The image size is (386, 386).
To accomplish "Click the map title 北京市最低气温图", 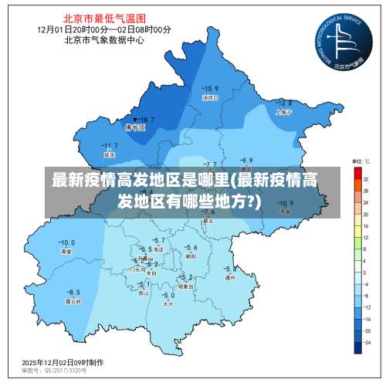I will (94, 17).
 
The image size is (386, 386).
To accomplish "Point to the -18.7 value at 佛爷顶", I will (144, 120).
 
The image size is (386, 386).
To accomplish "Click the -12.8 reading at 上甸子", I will (283, 103).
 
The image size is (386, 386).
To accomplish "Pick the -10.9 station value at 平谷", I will (285, 203).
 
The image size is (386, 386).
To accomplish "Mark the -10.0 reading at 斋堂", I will (66, 242).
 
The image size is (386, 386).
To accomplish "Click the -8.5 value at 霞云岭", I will (73, 292).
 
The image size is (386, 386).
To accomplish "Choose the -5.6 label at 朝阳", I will (191, 247).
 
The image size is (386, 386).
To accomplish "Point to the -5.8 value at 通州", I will (229, 269).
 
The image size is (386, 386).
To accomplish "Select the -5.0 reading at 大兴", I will (168, 295).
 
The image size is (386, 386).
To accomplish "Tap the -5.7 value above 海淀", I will (159, 242).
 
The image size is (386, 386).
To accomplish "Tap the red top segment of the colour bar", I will (357, 174).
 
